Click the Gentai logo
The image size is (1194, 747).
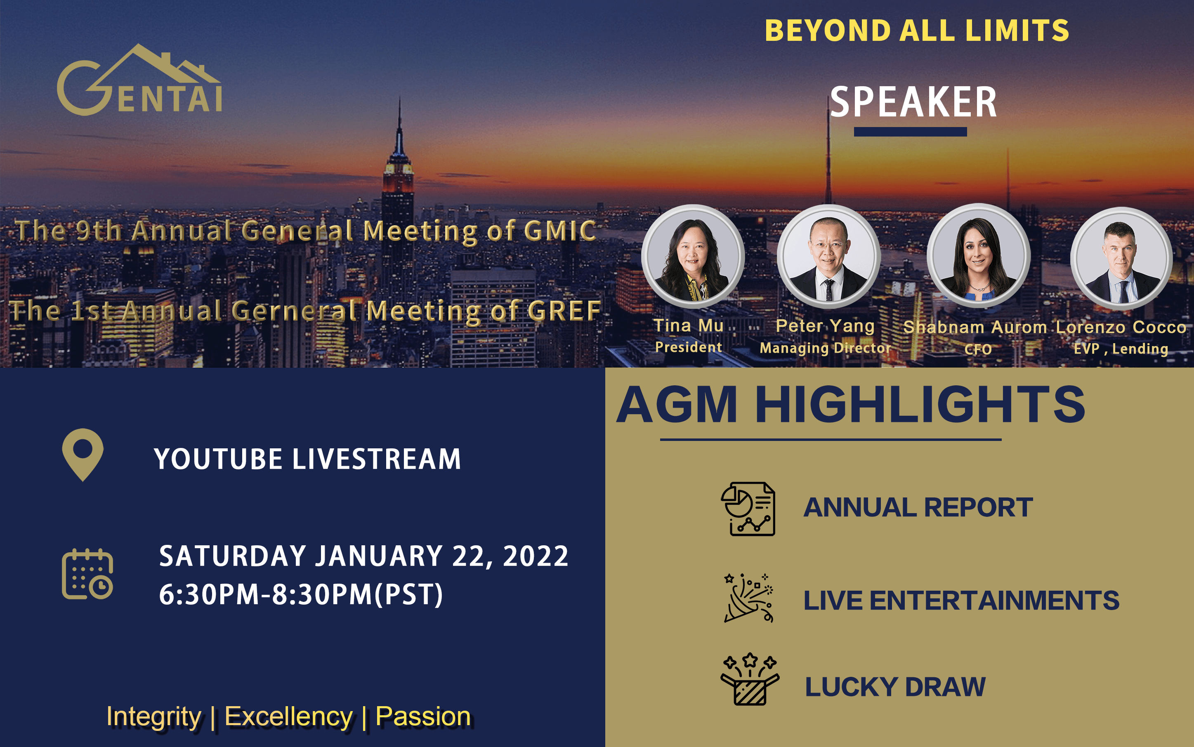point(139,80)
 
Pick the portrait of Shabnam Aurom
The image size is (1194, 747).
point(979,256)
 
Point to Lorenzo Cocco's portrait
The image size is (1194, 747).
point(1121,258)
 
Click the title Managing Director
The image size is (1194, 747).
point(825,348)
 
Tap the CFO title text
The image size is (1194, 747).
point(978,349)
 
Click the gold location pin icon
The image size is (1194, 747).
point(83,455)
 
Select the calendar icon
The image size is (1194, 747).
point(87,574)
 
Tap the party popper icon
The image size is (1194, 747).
point(749,598)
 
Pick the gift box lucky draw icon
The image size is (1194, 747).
point(750,679)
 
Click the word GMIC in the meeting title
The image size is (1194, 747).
point(560,231)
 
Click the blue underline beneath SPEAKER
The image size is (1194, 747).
point(910,132)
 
